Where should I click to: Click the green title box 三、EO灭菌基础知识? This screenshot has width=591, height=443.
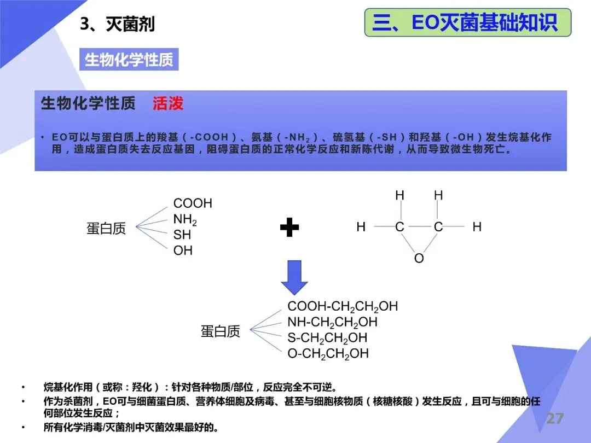(467, 22)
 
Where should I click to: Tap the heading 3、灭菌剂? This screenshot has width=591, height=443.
(117, 24)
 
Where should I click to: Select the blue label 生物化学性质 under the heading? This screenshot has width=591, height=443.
(129, 60)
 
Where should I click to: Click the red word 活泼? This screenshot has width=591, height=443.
(168, 103)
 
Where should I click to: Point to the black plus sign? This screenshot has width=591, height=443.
(289, 227)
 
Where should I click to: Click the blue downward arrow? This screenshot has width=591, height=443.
(294, 278)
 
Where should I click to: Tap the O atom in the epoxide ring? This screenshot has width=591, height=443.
(419, 258)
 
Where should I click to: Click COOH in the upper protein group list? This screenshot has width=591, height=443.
(192, 203)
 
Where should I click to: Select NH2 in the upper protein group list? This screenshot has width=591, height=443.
(185, 220)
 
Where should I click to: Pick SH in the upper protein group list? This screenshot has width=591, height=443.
(182, 235)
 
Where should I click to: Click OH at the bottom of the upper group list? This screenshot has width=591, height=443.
(183, 251)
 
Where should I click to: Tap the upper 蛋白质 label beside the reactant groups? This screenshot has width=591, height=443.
(106, 228)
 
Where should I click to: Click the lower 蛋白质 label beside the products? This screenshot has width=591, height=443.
(221, 331)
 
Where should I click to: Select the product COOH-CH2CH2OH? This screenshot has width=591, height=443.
(343, 306)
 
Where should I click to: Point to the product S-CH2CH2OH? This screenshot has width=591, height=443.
(327, 337)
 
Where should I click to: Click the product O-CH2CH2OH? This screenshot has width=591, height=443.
(328, 353)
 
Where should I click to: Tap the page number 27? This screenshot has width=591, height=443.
(554, 419)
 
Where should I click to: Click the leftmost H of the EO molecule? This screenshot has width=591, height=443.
(361, 227)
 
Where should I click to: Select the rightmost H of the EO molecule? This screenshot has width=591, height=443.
(477, 227)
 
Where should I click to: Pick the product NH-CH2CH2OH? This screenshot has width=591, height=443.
(332, 322)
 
